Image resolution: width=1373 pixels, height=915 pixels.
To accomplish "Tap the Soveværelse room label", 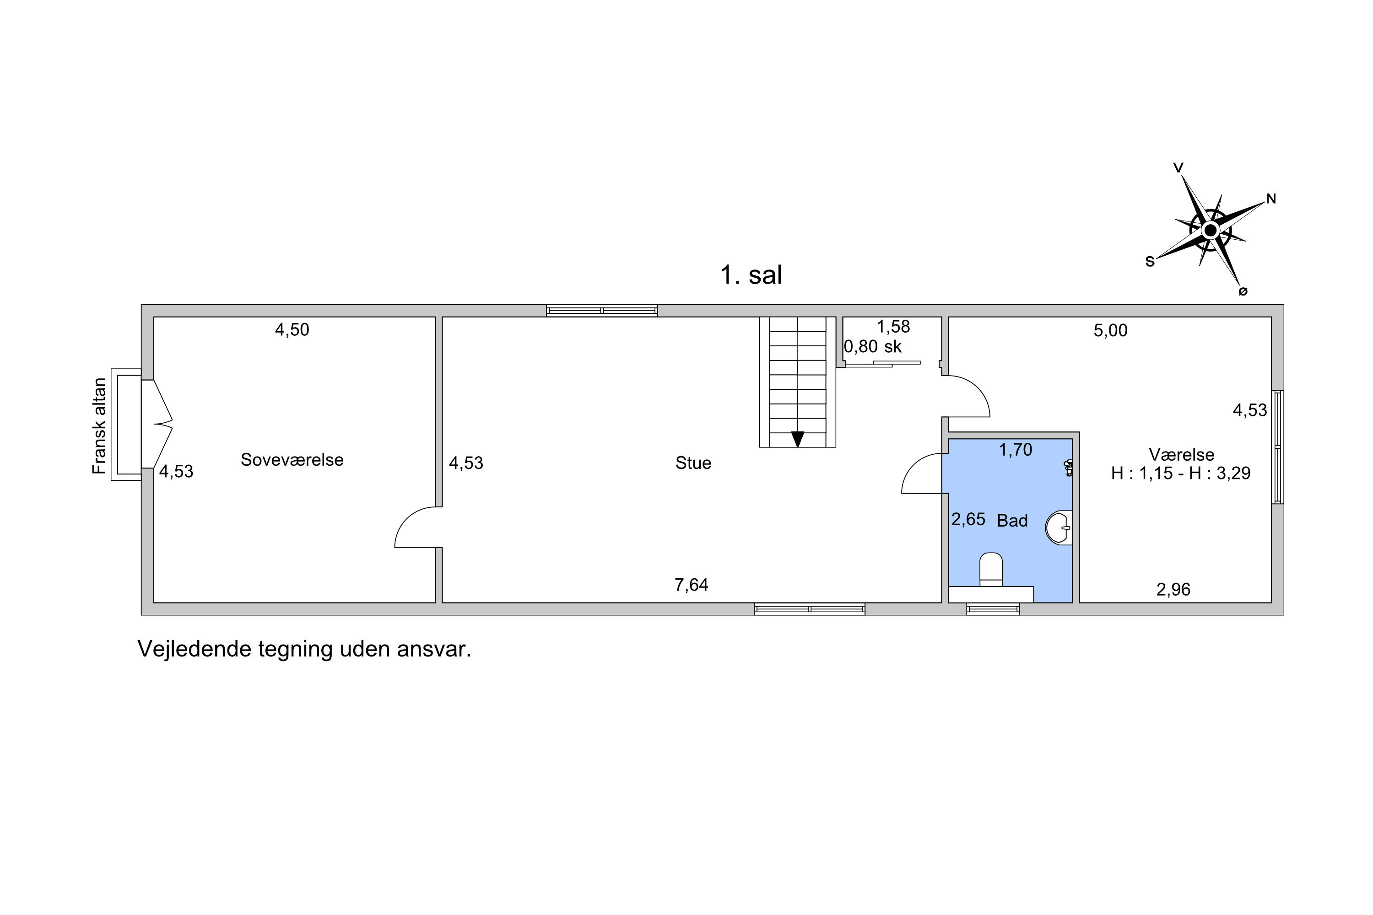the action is (x=292, y=460).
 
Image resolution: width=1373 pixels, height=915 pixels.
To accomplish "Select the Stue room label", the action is (x=693, y=463).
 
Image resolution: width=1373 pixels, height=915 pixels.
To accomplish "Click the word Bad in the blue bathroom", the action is (x=1012, y=521).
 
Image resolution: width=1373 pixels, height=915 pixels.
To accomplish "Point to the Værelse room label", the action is (x=1182, y=455).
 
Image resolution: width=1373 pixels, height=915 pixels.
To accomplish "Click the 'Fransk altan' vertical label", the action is (x=99, y=426).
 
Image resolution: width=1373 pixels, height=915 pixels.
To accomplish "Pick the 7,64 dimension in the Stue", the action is (x=691, y=585).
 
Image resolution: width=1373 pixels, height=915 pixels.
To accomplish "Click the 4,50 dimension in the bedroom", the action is (x=292, y=330).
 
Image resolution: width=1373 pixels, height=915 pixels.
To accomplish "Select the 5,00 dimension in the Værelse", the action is (x=1110, y=330).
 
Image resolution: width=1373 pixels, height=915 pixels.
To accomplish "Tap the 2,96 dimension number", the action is (x=1173, y=589).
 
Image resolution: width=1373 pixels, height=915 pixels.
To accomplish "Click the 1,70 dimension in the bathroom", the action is (x=1016, y=449).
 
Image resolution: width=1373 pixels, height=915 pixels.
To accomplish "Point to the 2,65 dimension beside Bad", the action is (x=968, y=519).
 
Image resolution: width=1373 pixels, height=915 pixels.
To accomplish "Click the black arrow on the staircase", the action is (x=797, y=439).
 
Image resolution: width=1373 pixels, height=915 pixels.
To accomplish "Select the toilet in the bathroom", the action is (x=991, y=570).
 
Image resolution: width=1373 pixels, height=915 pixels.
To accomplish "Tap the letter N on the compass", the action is (x=1271, y=199).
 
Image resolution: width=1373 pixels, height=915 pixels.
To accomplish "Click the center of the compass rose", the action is (x=1210, y=231).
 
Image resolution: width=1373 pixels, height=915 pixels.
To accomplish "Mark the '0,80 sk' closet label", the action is (x=872, y=347).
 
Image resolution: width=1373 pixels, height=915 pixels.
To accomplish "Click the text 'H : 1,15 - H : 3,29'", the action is (x=1180, y=473).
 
